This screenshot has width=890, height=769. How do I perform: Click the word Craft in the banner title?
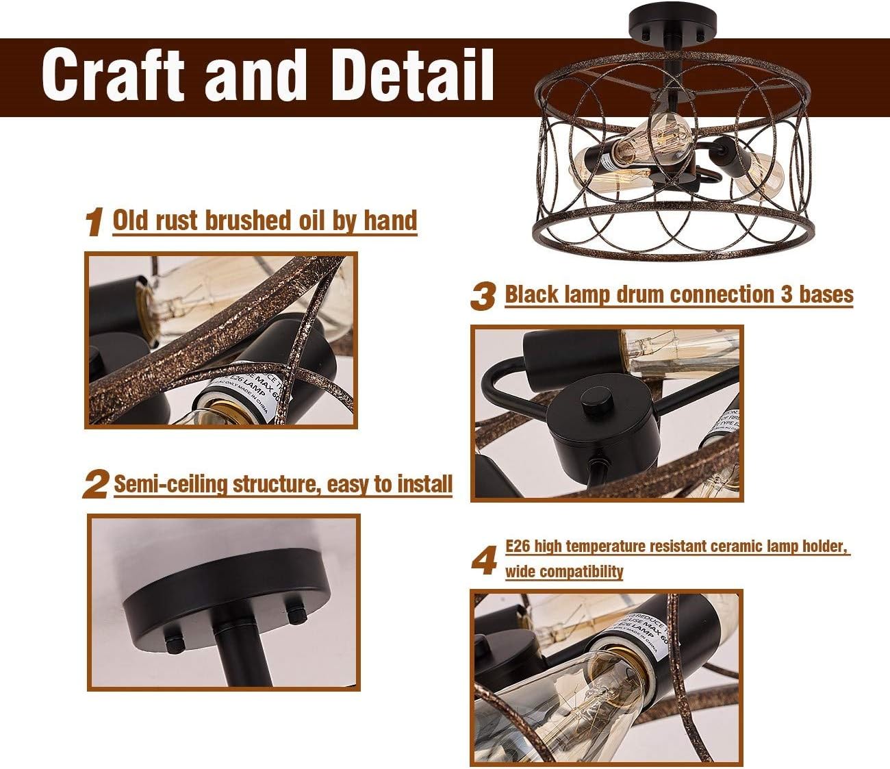114,75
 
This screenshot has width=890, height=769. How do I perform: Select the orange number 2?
96,485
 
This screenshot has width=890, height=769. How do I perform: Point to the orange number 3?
483,297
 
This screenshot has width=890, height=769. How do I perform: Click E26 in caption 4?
518,546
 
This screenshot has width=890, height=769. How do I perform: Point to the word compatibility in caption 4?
564,571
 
